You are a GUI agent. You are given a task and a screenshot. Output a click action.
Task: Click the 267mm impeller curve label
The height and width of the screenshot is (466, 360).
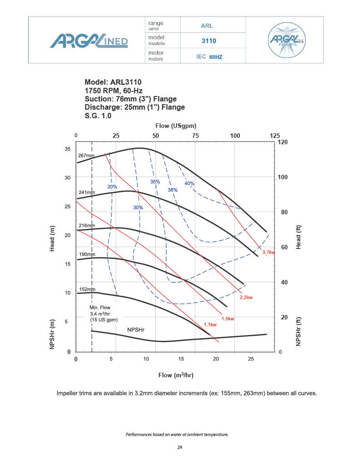click(86, 156)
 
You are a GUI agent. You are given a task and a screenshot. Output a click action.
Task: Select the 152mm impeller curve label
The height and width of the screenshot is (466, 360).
click(86, 289)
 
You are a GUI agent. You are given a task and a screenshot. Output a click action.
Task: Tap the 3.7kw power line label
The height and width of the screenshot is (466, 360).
click(269, 252)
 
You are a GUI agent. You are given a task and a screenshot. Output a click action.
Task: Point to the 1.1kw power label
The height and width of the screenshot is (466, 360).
click(210, 324)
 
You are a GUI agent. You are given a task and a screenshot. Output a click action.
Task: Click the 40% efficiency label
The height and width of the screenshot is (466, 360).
click(189, 183)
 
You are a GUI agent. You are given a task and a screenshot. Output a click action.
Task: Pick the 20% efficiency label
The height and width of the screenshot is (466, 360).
click(112, 187)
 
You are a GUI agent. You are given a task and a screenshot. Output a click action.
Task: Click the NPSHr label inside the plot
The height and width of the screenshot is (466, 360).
click(136, 329)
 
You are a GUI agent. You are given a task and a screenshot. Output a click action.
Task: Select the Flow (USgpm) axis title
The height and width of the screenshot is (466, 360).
click(176, 126)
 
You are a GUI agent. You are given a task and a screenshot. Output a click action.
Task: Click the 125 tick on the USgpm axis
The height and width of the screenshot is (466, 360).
click(275, 136)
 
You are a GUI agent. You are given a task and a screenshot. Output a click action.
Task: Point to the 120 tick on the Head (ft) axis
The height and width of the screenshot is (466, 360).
click(283, 142)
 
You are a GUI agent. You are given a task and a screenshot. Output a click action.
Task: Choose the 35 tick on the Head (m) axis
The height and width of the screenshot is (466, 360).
click(67, 149)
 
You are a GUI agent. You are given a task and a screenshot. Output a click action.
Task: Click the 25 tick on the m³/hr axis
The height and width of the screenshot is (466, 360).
click(251, 359)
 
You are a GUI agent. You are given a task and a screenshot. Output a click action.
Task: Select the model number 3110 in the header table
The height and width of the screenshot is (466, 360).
click(208, 41)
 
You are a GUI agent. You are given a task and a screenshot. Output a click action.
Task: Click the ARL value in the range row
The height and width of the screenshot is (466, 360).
click(207, 26)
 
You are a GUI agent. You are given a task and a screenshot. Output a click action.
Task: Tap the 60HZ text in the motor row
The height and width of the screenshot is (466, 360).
click(216, 57)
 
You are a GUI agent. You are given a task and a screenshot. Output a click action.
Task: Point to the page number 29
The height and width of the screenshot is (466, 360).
click(180, 448)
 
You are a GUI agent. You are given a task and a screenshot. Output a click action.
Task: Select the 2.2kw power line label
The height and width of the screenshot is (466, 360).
click(246, 298)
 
